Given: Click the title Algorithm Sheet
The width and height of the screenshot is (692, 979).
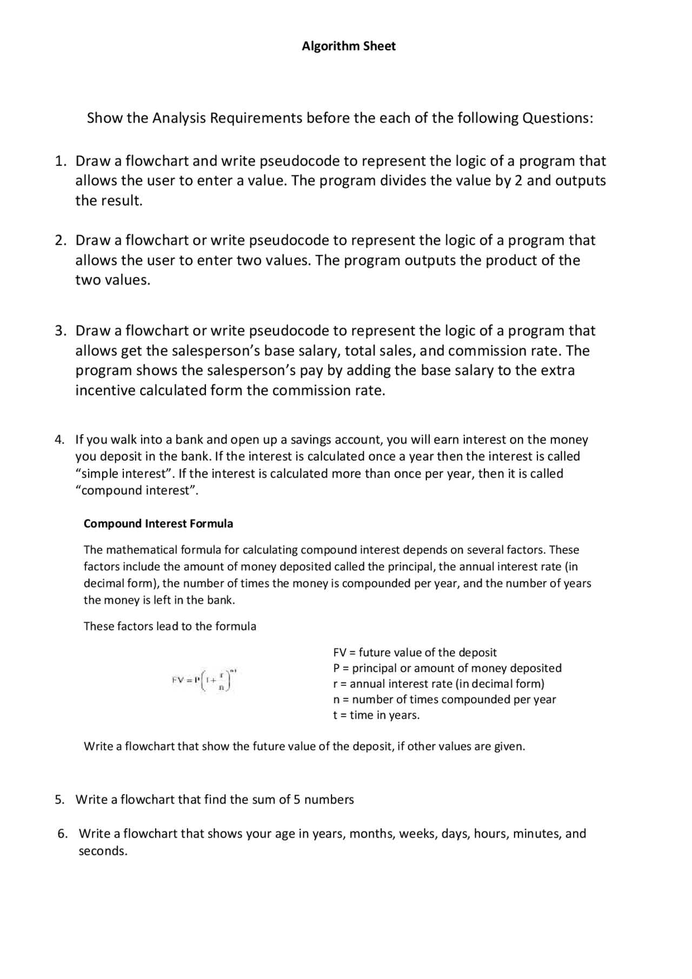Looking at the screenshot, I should coord(348,46).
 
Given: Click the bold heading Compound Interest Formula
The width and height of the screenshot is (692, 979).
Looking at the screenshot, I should coord(158,524).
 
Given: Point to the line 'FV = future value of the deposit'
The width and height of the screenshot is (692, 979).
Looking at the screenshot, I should coord(415,652).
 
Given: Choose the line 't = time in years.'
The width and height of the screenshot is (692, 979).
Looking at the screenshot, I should coord(376,715).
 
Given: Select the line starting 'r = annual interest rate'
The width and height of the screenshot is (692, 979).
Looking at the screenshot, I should coord(438,684).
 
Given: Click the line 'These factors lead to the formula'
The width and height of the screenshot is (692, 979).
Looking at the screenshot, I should coord(170,627).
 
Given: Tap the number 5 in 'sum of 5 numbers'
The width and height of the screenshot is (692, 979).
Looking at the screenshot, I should coord(297,800).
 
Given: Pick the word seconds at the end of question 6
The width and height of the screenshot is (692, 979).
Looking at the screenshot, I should coord(103,851).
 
